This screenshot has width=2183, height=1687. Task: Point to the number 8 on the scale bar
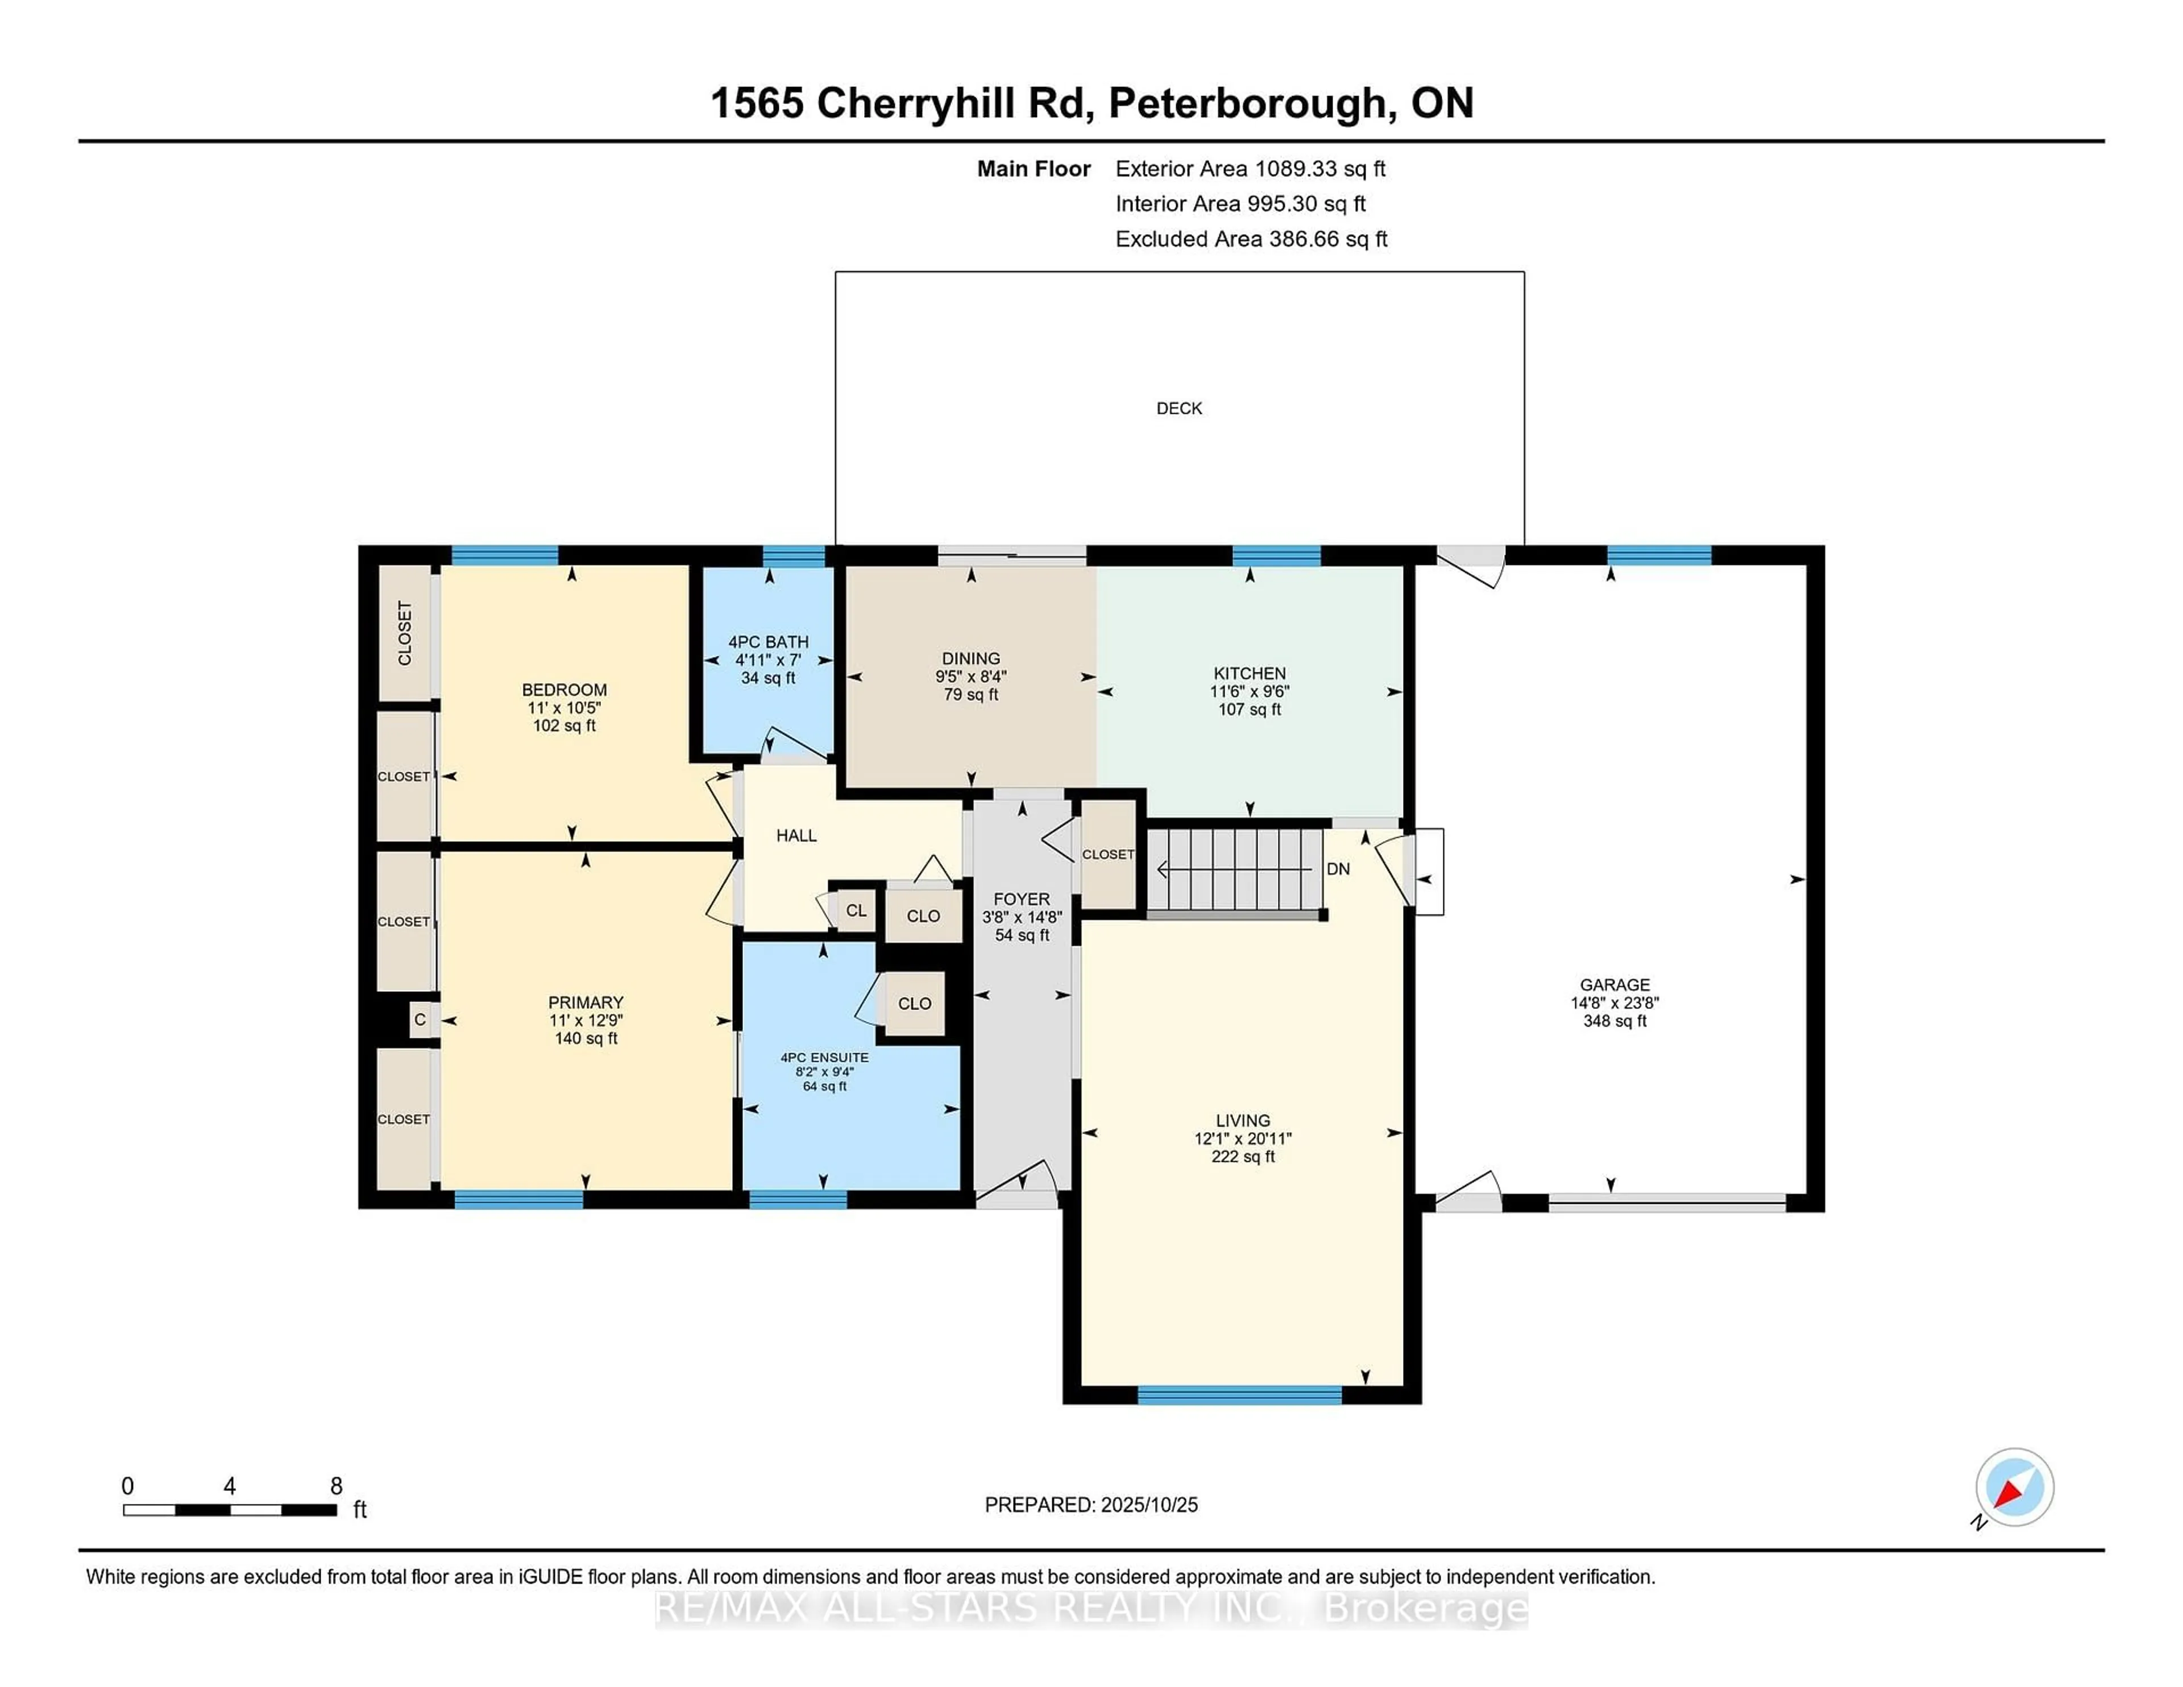pos(336,1486)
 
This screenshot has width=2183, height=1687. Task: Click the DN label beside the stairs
pos(1338,869)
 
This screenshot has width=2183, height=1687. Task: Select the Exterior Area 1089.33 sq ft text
pos(1250,169)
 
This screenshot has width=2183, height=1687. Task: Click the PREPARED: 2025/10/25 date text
pos(1090,1504)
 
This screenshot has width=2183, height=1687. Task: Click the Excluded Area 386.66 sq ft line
pos(1251,239)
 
